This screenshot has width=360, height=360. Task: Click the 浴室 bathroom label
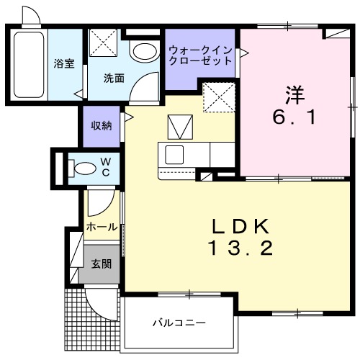[x=64, y=63]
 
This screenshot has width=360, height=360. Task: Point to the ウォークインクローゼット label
[x=201, y=55]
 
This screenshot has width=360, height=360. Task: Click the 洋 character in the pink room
[x=294, y=94]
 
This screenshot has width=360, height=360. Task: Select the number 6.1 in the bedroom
[x=293, y=117]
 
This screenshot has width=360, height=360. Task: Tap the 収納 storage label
[x=101, y=125]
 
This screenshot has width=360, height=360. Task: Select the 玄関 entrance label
[x=101, y=264]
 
